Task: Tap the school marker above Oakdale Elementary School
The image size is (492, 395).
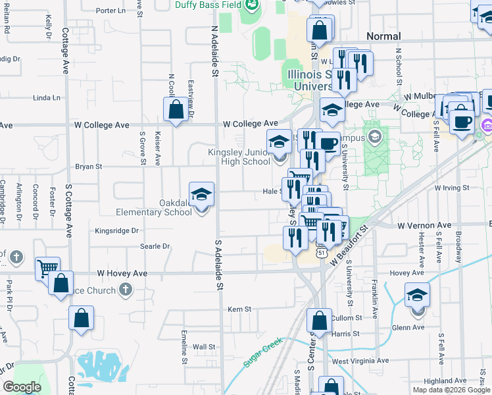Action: point(201,194)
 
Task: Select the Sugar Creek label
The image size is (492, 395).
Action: point(262,353)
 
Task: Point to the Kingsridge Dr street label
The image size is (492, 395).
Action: point(116,231)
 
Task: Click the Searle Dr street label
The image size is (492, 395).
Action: point(155,247)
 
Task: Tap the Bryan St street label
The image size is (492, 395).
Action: point(88,167)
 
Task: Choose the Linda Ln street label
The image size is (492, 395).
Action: point(46,98)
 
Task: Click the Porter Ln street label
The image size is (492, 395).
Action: point(111,11)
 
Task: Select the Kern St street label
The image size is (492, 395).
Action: point(239,309)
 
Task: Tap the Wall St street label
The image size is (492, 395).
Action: point(204,346)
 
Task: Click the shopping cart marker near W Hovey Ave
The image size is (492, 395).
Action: point(47,269)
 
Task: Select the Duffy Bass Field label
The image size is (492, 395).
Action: point(207,4)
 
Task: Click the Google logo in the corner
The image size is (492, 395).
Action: point(22,387)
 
